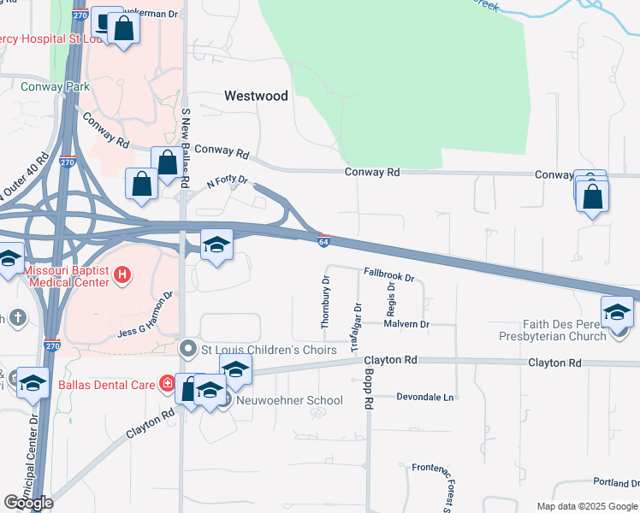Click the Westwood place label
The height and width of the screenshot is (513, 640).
point(256,97)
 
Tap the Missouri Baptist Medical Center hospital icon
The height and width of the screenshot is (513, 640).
point(124,274)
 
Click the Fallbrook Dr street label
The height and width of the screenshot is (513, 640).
point(388,276)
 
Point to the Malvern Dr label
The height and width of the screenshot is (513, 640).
point(406,324)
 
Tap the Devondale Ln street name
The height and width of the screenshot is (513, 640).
point(426,398)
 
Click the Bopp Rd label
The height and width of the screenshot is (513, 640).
point(370,394)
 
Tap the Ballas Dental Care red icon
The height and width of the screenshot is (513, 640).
point(168,384)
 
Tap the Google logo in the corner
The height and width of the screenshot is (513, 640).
point(29,503)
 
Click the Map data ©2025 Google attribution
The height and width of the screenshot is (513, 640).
point(587,506)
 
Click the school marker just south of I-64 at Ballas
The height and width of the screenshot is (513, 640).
point(216,247)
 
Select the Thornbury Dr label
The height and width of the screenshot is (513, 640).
point(325,303)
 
